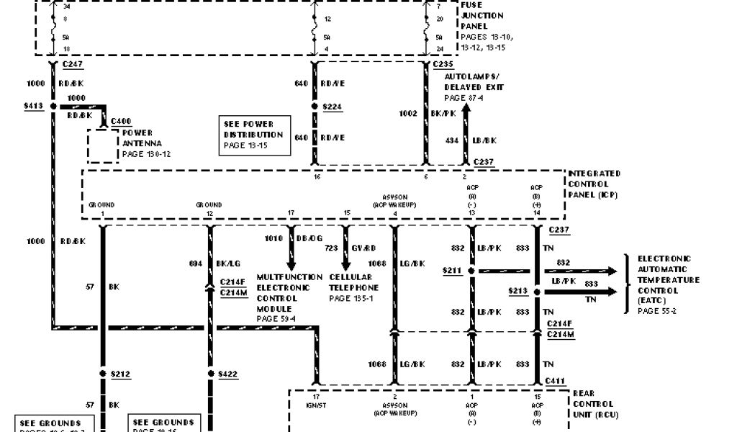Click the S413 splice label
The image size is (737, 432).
click(x=33, y=106)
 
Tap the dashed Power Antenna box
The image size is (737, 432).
click(x=103, y=145)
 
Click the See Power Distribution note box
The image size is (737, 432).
click(x=257, y=135)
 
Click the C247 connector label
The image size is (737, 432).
click(x=73, y=65)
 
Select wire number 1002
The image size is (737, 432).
click(x=408, y=114)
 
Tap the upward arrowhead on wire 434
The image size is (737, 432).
click(x=466, y=109)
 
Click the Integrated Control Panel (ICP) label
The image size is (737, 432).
click(x=594, y=184)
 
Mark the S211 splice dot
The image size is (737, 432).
click(x=471, y=271)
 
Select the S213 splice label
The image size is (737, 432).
click(x=518, y=292)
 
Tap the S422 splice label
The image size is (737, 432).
click(x=229, y=374)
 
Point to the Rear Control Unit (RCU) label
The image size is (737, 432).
click(x=595, y=404)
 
